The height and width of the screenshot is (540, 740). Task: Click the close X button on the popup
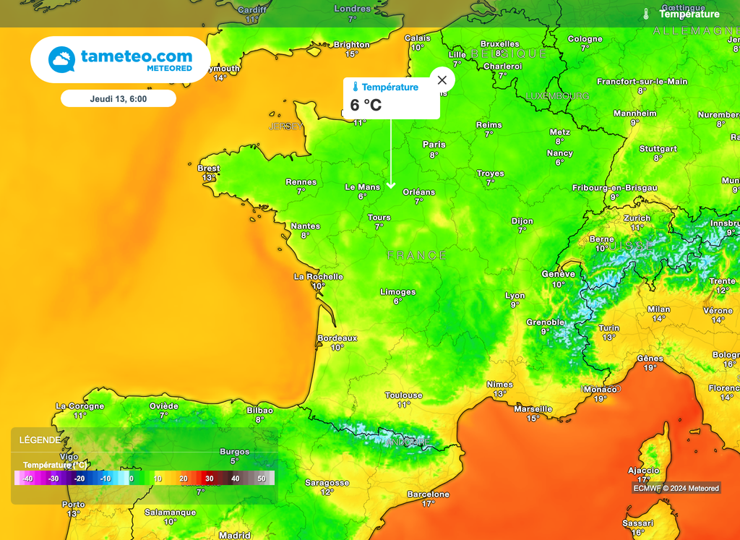(442, 80)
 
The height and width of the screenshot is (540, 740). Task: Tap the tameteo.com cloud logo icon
(61, 59)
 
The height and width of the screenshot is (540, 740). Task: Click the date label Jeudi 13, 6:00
(119, 98)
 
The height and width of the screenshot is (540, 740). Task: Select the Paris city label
(434, 145)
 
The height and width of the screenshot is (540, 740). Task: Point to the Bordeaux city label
(337, 338)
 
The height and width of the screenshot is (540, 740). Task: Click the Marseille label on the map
(533, 409)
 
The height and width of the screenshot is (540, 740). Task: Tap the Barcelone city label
(428, 494)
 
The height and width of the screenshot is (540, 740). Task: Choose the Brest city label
(208, 168)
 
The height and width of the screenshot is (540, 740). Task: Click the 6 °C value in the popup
(366, 105)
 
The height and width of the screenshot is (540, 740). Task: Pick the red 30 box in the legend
(209, 479)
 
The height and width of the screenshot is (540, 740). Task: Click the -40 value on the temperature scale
(27, 479)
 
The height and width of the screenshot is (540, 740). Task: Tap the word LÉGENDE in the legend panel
(40, 440)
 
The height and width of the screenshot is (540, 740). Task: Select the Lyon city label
(515, 296)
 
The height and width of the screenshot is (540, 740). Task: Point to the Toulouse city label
(403, 395)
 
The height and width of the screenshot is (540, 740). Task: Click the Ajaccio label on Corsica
(643, 471)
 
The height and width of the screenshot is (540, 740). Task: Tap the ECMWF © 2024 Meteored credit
(677, 488)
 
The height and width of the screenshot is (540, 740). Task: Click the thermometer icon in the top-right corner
(646, 14)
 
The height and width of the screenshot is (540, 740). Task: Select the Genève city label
(558, 275)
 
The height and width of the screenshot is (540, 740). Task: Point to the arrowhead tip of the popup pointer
(391, 187)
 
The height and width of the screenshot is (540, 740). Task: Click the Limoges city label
(397, 292)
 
